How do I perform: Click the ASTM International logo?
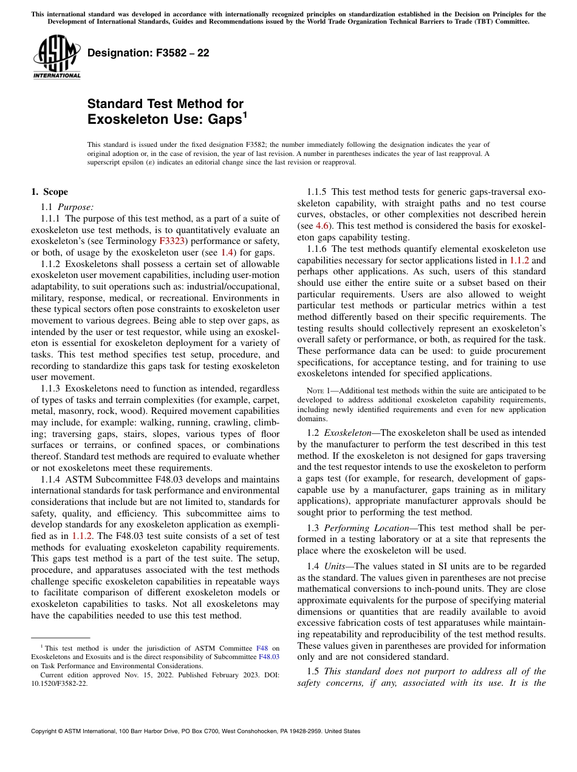pos(56,57)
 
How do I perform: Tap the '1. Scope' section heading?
pos(49,192)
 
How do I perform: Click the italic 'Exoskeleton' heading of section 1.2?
pos(347,433)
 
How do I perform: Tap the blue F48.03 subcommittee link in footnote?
pos(269,657)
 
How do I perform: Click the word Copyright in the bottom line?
pos(47,731)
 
